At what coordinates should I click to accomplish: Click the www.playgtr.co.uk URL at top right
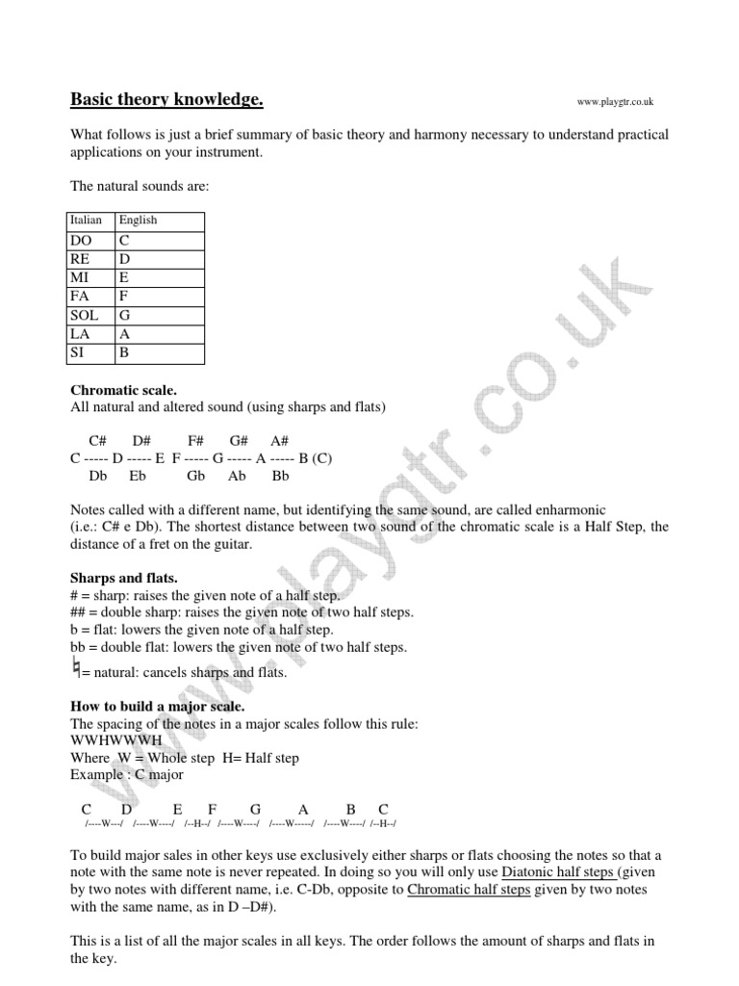click(x=615, y=102)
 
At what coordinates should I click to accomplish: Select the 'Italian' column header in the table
click(x=87, y=221)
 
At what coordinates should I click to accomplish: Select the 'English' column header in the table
click(x=138, y=221)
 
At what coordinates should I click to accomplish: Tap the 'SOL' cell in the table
click(x=86, y=315)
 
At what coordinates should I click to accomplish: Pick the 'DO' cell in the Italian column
click(x=84, y=241)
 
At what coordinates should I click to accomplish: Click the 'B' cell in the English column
click(x=124, y=352)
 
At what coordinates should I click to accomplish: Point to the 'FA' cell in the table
click(x=83, y=297)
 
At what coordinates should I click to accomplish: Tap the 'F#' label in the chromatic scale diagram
click(x=196, y=440)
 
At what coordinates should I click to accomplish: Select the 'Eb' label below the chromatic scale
click(x=138, y=476)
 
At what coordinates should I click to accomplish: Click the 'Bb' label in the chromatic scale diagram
click(x=281, y=476)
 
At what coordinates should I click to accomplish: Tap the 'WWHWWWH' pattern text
click(x=111, y=740)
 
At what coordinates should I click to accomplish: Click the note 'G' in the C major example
click(x=255, y=809)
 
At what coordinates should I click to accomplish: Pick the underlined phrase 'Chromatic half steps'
click(x=469, y=890)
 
